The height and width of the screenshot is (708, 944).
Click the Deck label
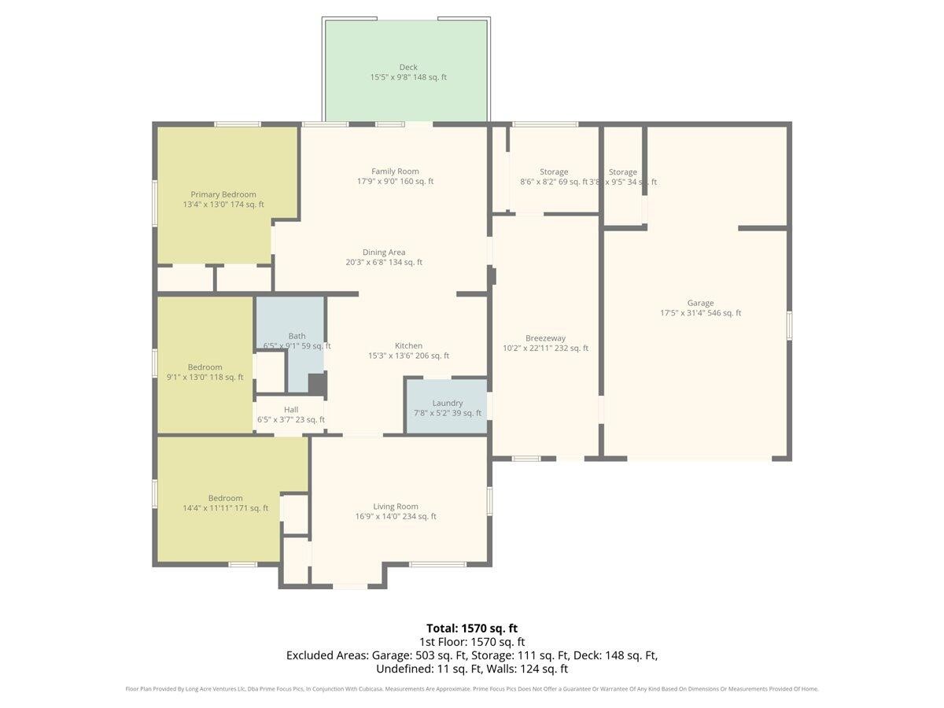[408, 68]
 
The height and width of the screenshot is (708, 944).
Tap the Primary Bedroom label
[223, 194]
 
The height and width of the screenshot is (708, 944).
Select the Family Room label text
[395, 171]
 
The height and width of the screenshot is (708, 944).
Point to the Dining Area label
[384, 253]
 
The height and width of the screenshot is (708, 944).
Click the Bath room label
[297, 336]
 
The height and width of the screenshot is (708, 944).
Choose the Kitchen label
[408, 345]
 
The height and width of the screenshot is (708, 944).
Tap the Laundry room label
[448, 403]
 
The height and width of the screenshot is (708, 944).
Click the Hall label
[291, 410]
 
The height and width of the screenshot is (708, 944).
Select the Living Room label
[396, 507]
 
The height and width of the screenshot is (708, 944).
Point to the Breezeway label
[545, 338]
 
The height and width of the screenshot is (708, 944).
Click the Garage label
[700, 303]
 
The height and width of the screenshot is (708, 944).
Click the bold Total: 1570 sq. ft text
[472, 628]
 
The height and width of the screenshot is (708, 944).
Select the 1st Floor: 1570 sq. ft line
[472, 642]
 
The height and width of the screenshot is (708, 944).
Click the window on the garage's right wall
[789, 326]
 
